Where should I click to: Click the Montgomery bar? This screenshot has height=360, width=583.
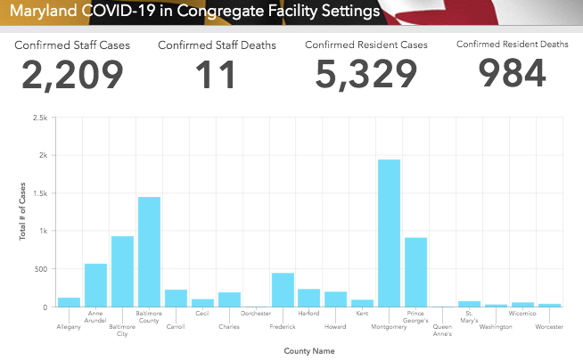(390, 233)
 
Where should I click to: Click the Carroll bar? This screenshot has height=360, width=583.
(176, 298)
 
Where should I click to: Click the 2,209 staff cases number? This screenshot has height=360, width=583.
(73, 75)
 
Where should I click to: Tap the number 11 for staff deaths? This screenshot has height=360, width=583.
(216, 75)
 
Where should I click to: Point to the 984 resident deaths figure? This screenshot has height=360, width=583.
(512, 75)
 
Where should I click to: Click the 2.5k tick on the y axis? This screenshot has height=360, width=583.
(40, 118)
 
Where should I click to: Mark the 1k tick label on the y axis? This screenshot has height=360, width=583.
(43, 231)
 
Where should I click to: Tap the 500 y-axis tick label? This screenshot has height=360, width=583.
(41, 269)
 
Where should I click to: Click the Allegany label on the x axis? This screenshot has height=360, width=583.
(69, 327)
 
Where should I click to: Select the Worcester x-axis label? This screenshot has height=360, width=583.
(550, 327)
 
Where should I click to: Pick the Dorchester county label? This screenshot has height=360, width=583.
(256, 314)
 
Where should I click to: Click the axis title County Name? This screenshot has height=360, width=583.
(309, 351)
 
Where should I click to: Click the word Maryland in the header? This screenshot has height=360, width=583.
(41, 12)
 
